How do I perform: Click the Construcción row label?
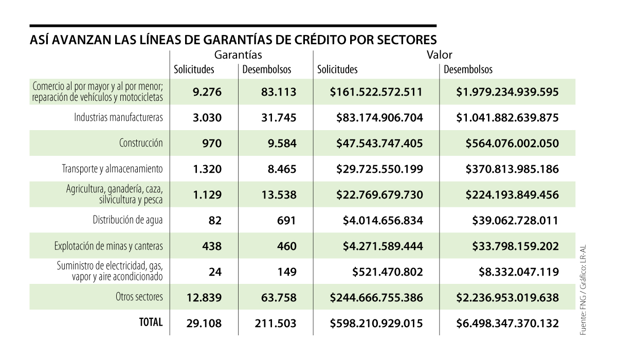point(141,143)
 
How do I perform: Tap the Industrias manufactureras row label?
point(119,118)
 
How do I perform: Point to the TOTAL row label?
point(151,322)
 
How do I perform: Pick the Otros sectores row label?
point(139,297)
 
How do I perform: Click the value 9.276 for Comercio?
point(207,92)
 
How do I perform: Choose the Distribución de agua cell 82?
point(215,221)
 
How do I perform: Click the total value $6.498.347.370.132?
point(507,323)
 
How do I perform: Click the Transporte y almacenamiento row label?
point(113,169)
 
